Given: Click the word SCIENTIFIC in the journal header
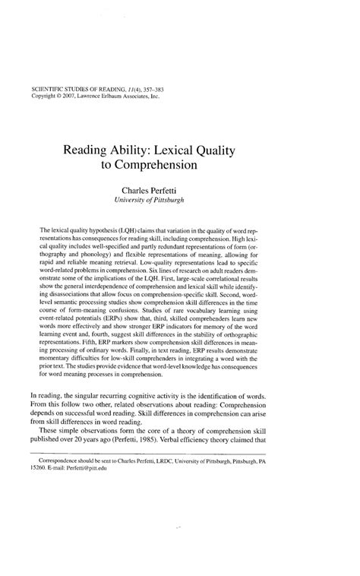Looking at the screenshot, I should [x=47, y=90].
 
